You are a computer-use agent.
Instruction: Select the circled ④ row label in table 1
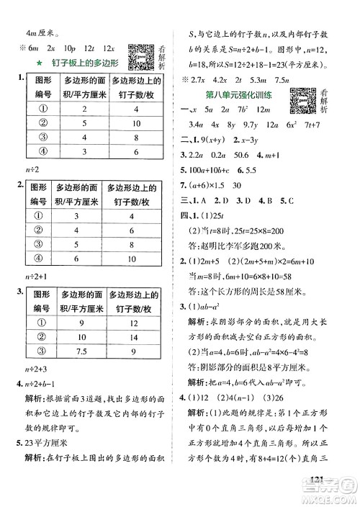click(42, 151)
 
